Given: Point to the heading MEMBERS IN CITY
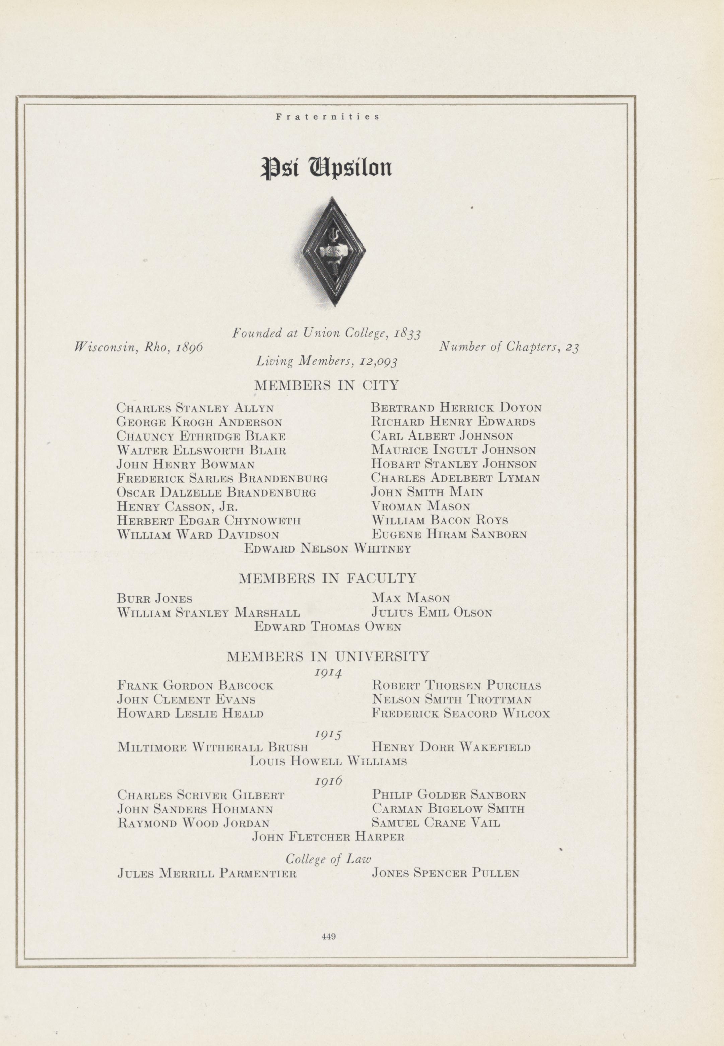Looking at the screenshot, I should (327, 386).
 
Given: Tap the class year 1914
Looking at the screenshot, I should (328, 672).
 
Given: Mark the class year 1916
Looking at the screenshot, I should (328, 781).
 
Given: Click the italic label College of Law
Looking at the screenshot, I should (328, 859).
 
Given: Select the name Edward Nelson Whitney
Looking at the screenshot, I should (328, 549).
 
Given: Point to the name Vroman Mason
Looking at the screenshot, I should (420, 506).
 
